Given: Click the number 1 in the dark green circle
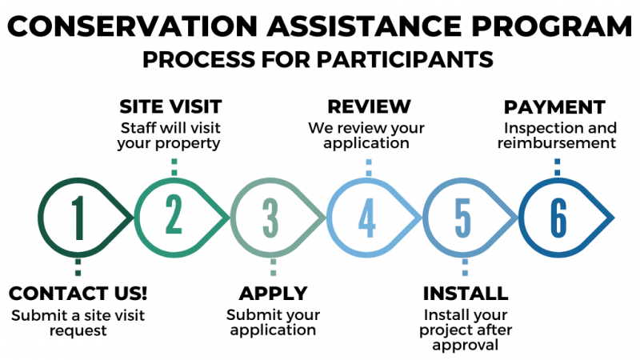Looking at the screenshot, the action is coord(78,218).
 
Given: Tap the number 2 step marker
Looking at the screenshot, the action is coord(174,214).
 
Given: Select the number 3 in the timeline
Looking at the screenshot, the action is coord(270,218).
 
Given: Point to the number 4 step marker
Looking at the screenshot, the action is coord(366,218).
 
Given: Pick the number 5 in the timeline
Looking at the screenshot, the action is coord(463,218).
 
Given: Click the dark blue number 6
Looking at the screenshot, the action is coord(558,218).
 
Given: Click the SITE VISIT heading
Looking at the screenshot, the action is coord(170,107).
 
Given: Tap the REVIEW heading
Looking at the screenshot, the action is coord(369,106).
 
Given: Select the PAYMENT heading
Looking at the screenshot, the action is coord(554,107).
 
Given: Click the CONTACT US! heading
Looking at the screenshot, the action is coord(78,294).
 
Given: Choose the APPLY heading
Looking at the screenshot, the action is coord(273,294).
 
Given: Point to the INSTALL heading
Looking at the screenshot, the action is coord(466,294).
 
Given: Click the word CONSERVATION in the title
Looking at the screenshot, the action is coord(132,26).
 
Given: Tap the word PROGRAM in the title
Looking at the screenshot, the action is coord(552,26).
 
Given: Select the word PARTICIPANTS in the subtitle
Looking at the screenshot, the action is coord(405,59).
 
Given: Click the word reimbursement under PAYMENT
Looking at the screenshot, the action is coord(557,143).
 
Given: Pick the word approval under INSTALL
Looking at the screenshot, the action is coord(466,346).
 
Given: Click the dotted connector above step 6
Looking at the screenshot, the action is coord(558,167).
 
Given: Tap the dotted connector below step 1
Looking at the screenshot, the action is coord(78,267).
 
